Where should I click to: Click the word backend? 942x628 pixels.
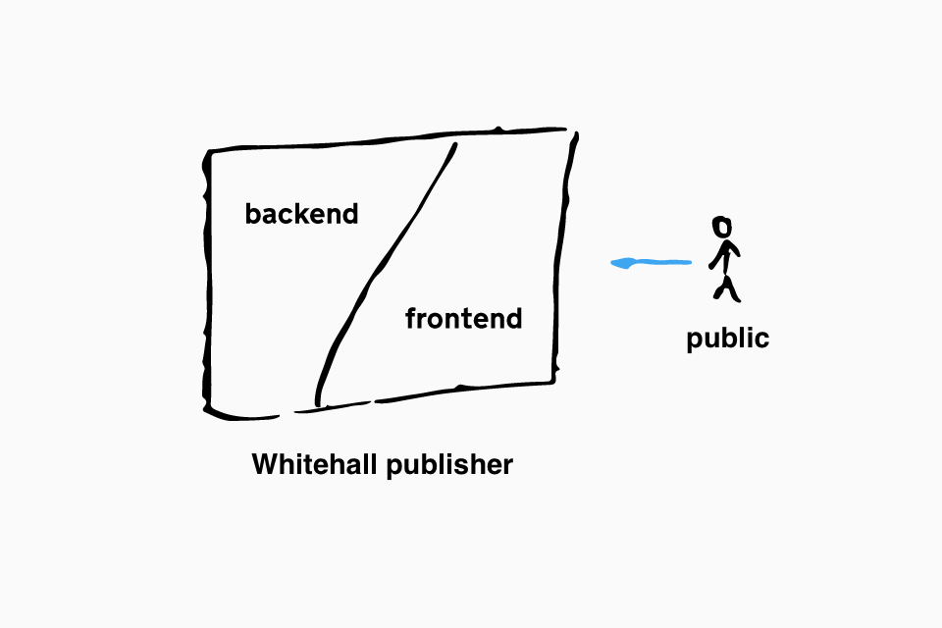(301, 214)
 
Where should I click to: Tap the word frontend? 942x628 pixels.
(464, 318)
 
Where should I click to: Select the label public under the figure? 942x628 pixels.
(727, 339)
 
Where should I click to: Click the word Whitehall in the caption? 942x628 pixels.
(316, 464)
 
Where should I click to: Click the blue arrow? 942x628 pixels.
(651, 263)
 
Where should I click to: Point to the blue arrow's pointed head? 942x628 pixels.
(612, 263)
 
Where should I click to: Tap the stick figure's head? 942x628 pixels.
(721, 228)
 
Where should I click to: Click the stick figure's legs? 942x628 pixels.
(727, 289)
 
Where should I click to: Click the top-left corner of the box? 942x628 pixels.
(208, 151)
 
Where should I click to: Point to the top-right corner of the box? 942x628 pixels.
(574, 132)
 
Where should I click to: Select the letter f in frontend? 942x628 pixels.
(411, 318)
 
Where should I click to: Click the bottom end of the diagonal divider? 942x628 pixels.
(318, 405)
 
